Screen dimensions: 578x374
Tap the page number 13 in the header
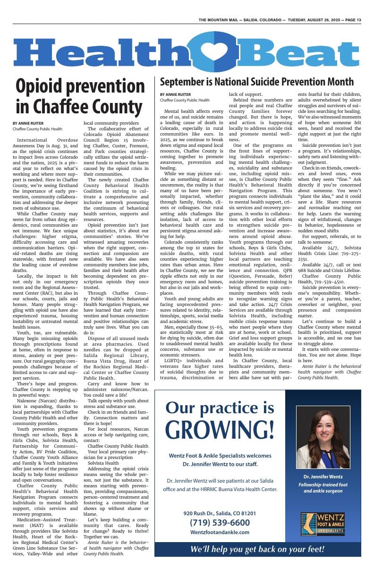coord(359,20)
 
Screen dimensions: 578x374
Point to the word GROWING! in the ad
coord(220,429)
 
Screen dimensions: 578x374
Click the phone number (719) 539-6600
coord(220,522)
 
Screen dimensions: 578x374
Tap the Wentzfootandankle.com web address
coord(220,532)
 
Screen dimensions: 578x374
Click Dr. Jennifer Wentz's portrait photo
coord(323,437)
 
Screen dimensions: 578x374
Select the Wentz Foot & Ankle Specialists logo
coord(323,524)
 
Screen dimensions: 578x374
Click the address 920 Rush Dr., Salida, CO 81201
coord(220,513)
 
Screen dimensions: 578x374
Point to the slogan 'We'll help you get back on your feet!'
coord(257,549)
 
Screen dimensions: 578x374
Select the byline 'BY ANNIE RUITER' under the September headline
coord(176,95)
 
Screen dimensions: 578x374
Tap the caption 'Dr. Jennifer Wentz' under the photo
coord(323,476)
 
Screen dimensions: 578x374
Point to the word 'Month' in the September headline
coord(337,82)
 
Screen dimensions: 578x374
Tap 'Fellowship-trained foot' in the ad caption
coord(323,485)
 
